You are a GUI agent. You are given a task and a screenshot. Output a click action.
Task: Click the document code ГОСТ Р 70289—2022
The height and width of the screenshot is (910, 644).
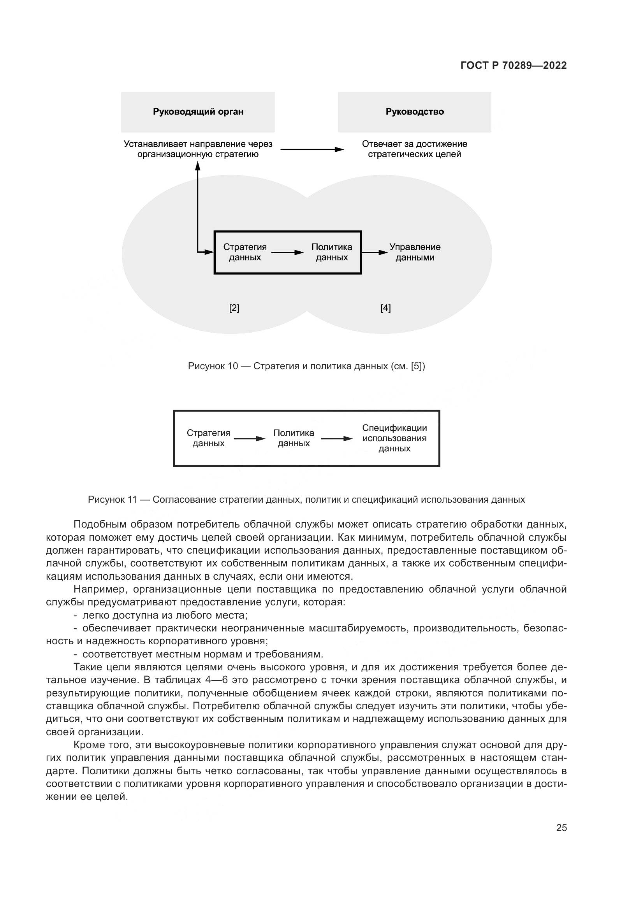[x=514, y=66]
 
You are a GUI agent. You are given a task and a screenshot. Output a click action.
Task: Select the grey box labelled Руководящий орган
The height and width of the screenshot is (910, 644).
[x=198, y=112]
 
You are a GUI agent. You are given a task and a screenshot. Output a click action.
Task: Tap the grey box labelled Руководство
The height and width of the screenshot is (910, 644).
[x=414, y=112]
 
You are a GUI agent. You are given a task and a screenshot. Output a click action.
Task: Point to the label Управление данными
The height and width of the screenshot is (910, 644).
[x=415, y=252]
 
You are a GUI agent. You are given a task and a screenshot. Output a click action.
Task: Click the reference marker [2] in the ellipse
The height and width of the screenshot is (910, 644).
[x=234, y=308]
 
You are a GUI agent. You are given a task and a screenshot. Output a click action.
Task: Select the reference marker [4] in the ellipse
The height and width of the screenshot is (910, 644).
[x=385, y=308]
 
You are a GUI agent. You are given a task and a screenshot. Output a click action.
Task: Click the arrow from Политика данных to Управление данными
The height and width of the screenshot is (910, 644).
[x=374, y=252]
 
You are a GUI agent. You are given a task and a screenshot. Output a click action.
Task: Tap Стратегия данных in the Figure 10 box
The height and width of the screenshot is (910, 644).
[x=245, y=252]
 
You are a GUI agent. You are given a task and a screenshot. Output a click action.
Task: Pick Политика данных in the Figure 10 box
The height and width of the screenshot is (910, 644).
[x=331, y=252]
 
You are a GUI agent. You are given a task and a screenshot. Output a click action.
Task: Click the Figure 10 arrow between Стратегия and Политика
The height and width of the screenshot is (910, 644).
[x=287, y=252]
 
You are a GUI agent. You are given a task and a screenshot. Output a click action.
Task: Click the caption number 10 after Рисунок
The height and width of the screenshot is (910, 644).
[x=233, y=366]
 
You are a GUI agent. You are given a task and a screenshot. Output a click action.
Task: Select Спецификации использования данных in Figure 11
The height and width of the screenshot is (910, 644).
[x=394, y=438]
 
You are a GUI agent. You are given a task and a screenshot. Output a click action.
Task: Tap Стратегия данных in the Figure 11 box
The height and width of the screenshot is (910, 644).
[x=209, y=438]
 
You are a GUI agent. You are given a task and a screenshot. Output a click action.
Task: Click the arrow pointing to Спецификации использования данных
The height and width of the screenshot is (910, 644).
[x=336, y=439]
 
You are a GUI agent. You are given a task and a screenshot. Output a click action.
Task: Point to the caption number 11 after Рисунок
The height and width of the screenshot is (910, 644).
[x=132, y=500]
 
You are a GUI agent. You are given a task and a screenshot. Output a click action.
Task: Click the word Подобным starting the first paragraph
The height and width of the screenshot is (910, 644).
[x=95, y=525]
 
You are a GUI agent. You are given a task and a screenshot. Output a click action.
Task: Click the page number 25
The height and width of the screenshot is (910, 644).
[x=561, y=828]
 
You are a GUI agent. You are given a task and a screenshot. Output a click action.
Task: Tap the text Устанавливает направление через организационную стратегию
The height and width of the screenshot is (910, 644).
[x=198, y=149]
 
